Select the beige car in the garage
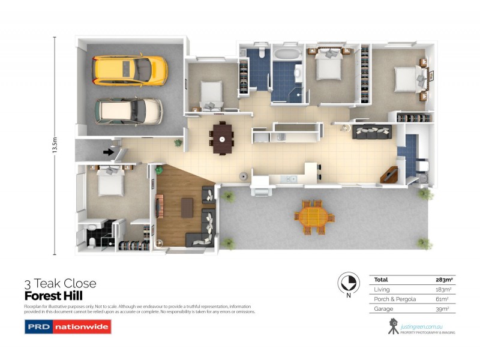(x=128, y=110)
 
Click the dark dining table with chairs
(x=221, y=138)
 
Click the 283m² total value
(x=443, y=280)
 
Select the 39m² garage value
(x=443, y=308)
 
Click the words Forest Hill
(x=53, y=296)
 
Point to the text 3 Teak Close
(x=60, y=284)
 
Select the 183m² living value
(x=443, y=289)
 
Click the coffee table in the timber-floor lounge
(x=188, y=207)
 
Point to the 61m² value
(x=444, y=299)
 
